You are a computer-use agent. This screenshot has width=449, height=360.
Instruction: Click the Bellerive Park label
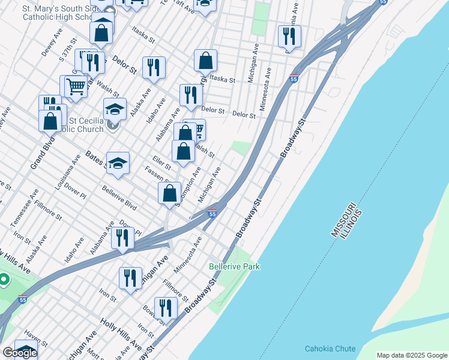[x=234, y=266]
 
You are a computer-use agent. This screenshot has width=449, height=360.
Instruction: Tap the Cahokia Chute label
[x=330, y=349]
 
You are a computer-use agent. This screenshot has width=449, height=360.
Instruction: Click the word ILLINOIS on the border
[x=356, y=223]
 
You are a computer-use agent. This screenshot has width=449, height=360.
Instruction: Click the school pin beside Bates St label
[x=118, y=163]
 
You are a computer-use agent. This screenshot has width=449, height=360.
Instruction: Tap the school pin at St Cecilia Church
[x=115, y=109]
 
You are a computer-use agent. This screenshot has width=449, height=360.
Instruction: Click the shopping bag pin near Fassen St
[x=170, y=193]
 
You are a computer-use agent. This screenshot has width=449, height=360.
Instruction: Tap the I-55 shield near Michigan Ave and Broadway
[x=212, y=214]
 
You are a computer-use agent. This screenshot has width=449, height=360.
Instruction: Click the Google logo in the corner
[x=19, y=353]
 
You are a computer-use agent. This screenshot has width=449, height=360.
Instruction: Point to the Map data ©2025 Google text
[x=412, y=355]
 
